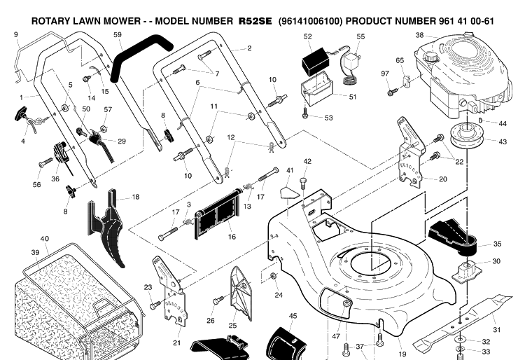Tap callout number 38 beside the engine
pos(419,35)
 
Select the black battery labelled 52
pos(316,62)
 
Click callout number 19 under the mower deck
pos(402,354)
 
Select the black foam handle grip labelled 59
pos(141,54)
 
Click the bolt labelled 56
pos(45,162)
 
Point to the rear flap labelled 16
pos(218,214)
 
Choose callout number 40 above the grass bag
pos(45,239)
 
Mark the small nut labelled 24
pos(273,276)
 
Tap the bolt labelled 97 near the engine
pos(393,92)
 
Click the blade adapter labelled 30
pos(468,268)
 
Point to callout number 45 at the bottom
pos(293,316)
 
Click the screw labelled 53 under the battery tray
pos(305,113)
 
